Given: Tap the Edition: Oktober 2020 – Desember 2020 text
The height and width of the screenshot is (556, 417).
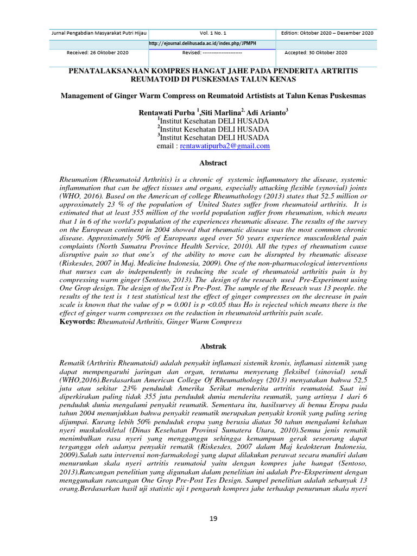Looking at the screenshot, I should tap(327, 33).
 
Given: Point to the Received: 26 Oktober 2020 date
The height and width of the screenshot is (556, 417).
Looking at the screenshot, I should tap(97, 53).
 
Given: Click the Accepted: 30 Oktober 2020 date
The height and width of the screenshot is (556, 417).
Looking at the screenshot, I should tap(315, 53).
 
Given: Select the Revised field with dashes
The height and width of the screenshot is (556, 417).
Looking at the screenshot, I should tap(212, 53).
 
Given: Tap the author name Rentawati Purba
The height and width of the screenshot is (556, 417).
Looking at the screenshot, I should tap(165, 112).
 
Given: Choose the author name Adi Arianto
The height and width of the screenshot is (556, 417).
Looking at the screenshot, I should tap(266, 112).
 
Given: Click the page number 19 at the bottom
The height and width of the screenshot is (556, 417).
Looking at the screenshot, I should tap(213, 519).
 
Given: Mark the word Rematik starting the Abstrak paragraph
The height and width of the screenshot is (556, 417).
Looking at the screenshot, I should tap(74, 362).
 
